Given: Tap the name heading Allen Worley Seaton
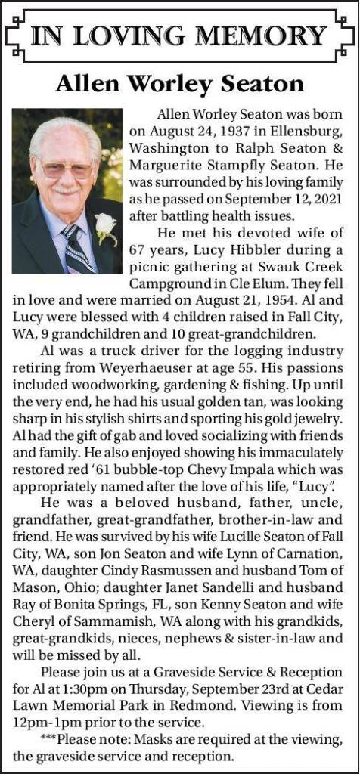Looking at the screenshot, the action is pos(180,83).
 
